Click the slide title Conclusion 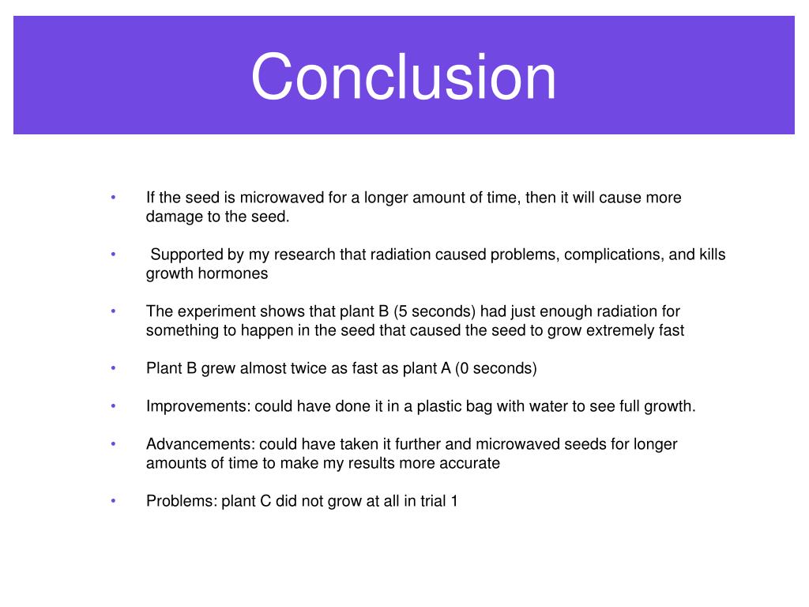pyautogui.click(x=404, y=77)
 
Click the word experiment pyautogui.click(x=209, y=311)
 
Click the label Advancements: pyautogui.click(x=201, y=444)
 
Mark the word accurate pyautogui.click(x=472, y=463)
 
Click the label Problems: pyautogui.click(x=182, y=501)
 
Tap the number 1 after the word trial pyautogui.click(x=453, y=501)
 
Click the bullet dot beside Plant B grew pyautogui.click(x=114, y=368)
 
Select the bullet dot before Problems pyautogui.click(x=114, y=501)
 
